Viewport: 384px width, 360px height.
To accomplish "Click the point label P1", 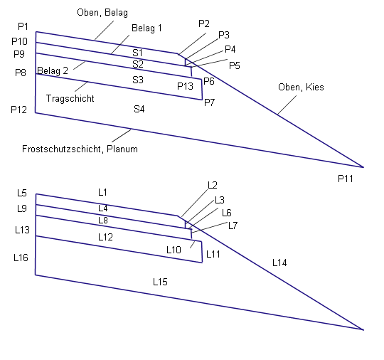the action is tap(23, 26).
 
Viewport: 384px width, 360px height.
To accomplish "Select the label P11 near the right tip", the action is tap(346, 179).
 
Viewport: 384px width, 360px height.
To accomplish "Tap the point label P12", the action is tap(19, 110).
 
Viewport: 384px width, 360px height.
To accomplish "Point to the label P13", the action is tap(185, 86).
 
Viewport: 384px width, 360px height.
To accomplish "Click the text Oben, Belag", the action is tap(102, 12).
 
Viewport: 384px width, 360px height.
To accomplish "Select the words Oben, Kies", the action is tap(301, 88).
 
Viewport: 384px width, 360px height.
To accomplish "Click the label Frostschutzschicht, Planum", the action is tap(80, 149).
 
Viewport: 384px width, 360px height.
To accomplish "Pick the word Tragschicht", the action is tap(70, 98).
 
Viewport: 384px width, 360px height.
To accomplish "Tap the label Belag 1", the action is tap(146, 28).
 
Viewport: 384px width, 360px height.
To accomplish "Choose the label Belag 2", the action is tap(53, 71).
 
